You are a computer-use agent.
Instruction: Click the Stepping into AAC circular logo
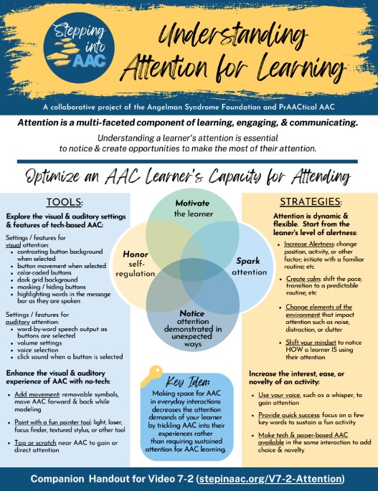[x=79, y=47]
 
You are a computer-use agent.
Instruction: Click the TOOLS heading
[x=64, y=202]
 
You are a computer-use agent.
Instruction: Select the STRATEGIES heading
[x=311, y=202]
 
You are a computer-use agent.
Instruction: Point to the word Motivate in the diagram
[x=192, y=204]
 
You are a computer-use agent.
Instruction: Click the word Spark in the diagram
[x=248, y=261]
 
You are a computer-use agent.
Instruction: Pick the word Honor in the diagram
[x=136, y=254]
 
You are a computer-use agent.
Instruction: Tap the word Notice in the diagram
[x=192, y=313]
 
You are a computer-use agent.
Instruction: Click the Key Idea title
[x=187, y=382]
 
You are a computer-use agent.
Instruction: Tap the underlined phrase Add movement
[x=37, y=394]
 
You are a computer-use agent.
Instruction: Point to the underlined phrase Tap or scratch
[x=35, y=443]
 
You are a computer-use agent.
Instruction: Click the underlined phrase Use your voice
[x=279, y=395]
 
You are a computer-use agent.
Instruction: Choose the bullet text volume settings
[x=37, y=343]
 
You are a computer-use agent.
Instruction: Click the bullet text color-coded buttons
[x=44, y=273]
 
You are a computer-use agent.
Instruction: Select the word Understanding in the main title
[x=232, y=35]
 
